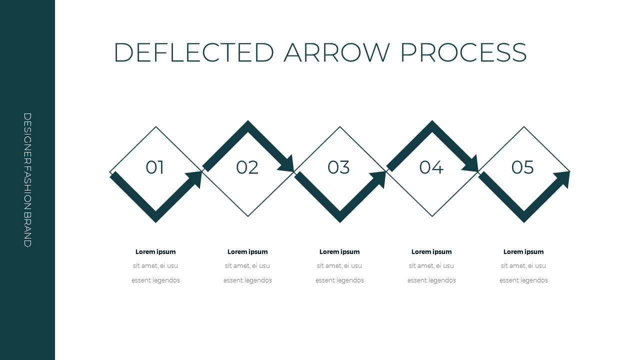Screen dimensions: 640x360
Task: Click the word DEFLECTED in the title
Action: click(x=194, y=52)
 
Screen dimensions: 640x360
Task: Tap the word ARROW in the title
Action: click(x=337, y=52)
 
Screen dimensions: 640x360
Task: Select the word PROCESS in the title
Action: click(x=463, y=52)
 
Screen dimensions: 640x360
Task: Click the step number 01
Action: click(x=155, y=167)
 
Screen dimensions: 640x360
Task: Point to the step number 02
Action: click(x=247, y=167)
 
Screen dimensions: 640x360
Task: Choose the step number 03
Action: click(x=338, y=167)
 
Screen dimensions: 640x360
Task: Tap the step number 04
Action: click(x=431, y=167)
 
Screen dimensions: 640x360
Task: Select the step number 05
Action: click(x=522, y=167)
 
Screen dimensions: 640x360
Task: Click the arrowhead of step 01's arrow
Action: click(x=195, y=178)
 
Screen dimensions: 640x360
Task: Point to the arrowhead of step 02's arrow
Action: click(x=287, y=164)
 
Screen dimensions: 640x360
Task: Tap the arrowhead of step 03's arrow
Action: click(x=379, y=178)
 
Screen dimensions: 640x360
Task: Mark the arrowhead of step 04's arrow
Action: click(x=471, y=164)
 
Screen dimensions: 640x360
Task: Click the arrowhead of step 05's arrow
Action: click(x=563, y=178)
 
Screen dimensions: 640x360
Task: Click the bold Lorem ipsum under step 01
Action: click(x=155, y=252)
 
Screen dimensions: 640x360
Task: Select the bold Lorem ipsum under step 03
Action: click(x=339, y=252)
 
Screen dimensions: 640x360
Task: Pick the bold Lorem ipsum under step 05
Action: click(x=523, y=252)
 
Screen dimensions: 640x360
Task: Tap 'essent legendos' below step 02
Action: click(x=247, y=280)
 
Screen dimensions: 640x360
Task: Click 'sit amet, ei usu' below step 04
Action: click(x=431, y=266)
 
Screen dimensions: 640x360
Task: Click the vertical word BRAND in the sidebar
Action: click(x=27, y=229)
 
